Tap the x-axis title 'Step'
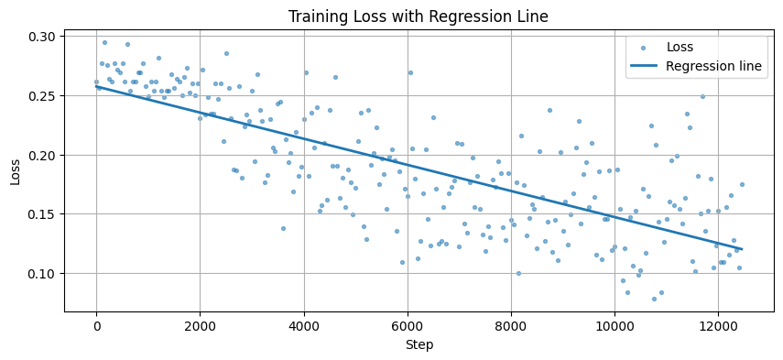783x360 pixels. tap(419, 345)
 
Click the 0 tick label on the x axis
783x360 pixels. tap(96, 325)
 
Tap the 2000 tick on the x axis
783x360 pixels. tap(200, 325)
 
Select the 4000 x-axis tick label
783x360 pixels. tap(303, 325)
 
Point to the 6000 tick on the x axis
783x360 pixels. tap(407, 325)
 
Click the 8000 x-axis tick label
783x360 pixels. tap(510, 325)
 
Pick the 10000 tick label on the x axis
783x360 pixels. tap(614, 325)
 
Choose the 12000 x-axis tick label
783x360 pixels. tap(717, 325)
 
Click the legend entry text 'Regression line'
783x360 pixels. tap(713, 66)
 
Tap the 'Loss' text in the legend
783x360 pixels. tap(680, 47)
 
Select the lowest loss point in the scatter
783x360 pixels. tap(654, 299)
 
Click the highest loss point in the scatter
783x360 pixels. tap(104, 42)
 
